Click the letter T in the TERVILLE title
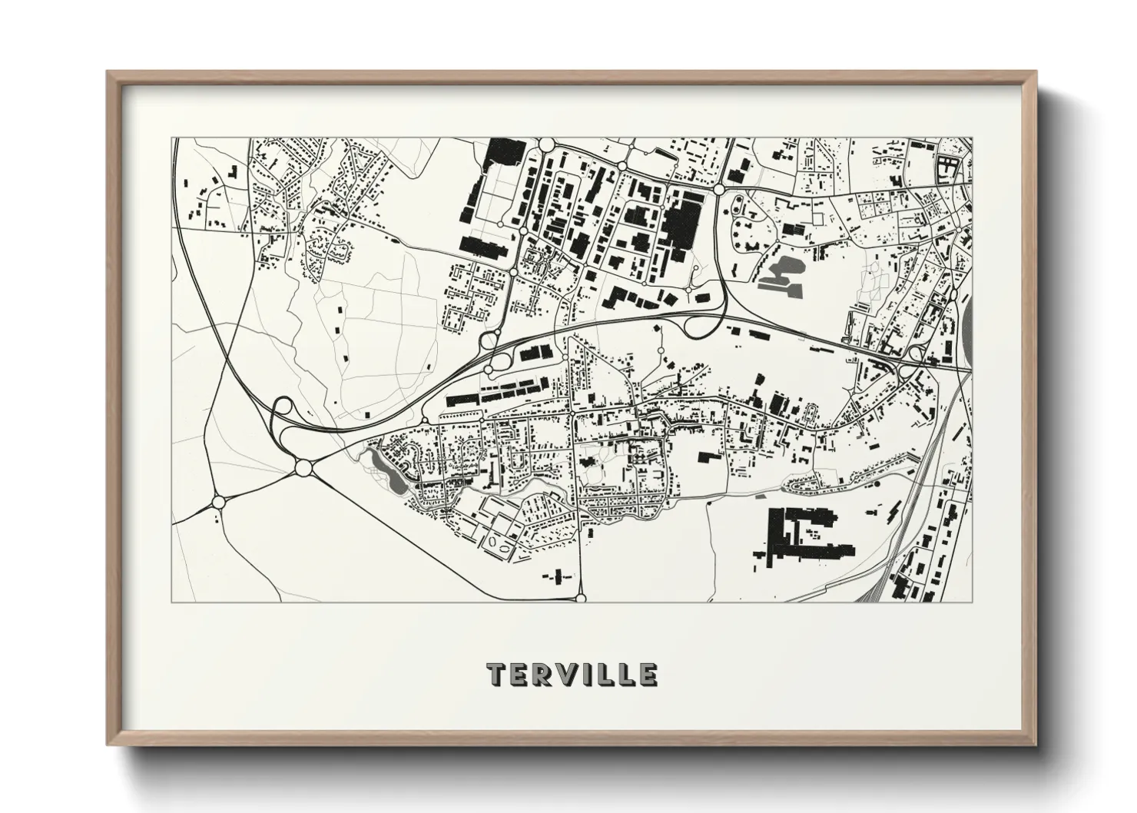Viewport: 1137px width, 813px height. pyautogui.click(x=496, y=675)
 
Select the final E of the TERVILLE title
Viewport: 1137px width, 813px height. pyautogui.click(x=648, y=675)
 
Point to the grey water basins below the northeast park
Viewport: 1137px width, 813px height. pyautogui.click(x=779, y=275)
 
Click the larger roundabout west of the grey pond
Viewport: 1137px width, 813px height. pyautogui.click(x=301, y=467)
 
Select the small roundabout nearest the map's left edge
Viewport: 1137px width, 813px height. pyautogui.click(x=218, y=502)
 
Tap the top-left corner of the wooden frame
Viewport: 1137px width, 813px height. pyautogui.click(x=109, y=73)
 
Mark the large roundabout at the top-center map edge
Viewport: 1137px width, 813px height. pyautogui.click(x=547, y=144)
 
